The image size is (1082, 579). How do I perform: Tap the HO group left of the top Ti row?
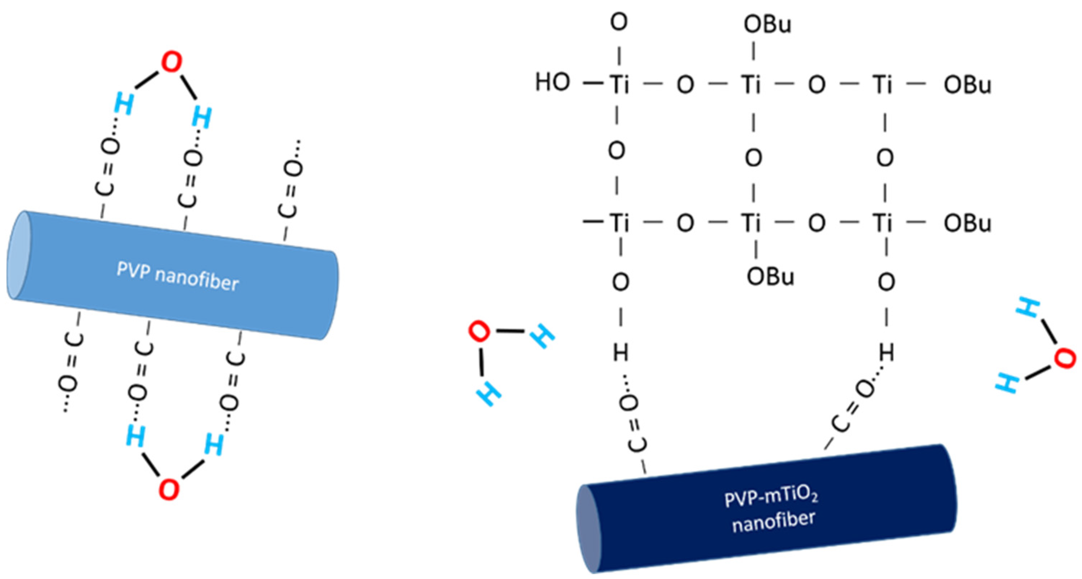point(552,82)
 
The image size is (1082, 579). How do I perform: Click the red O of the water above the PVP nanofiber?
point(172,63)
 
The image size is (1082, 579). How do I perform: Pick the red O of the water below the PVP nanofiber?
point(169,489)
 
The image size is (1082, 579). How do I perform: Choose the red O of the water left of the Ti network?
point(479,331)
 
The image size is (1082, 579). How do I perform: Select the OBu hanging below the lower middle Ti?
point(770,277)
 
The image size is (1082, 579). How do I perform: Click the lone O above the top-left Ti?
point(619,22)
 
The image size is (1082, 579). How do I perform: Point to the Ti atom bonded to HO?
point(620,84)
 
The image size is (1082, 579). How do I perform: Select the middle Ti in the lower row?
point(751,222)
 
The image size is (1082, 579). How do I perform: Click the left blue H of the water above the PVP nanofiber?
point(124,104)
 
